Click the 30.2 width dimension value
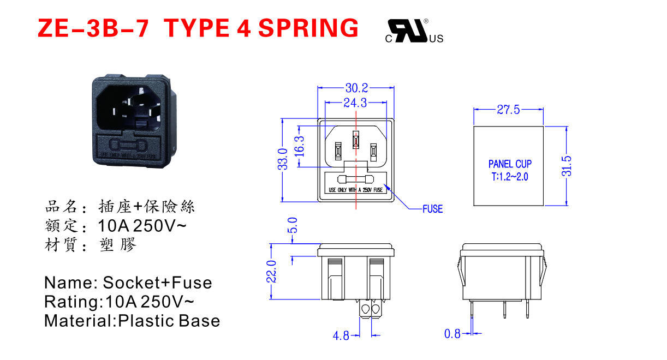tap(356, 87)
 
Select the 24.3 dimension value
tap(355, 103)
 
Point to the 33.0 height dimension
tap(283, 159)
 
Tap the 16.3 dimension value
tap(300, 146)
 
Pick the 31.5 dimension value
tap(566, 166)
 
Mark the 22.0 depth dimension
tap(271, 271)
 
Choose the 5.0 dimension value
tap(293, 225)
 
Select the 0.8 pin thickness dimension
tap(452, 333)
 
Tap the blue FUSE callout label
tap(432, 209)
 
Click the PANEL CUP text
tap(510, 164)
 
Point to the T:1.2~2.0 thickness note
tap(510, 177)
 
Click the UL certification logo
tap(414, 31)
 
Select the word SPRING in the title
tap(308, 27)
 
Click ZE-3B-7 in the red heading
tap(93, 27)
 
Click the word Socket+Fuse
tap(157, 283)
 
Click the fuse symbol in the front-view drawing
tap(356, 179)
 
